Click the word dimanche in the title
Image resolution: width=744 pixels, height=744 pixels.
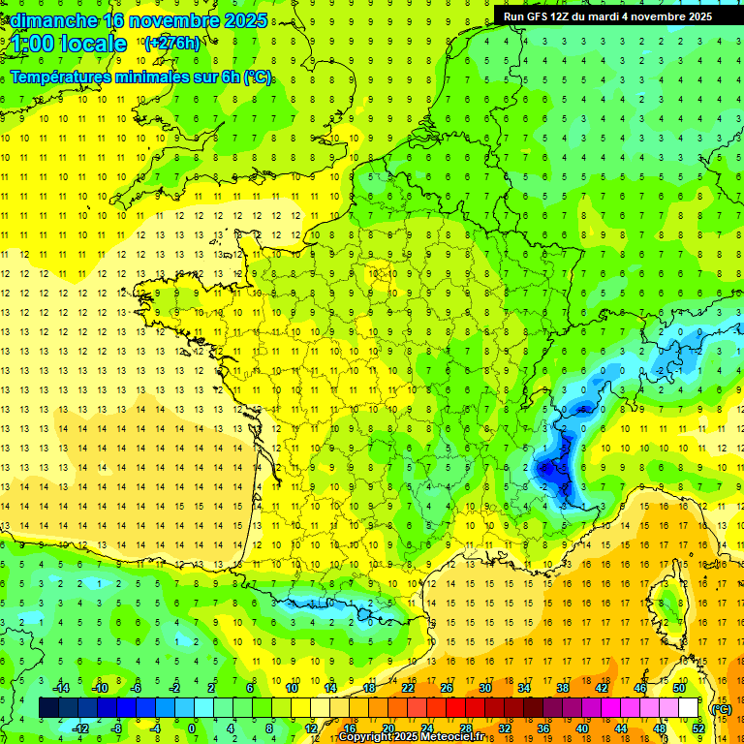click(46, 20)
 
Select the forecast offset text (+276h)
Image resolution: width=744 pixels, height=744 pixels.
click(172, 43)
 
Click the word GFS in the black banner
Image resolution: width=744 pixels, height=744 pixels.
click(540, 16)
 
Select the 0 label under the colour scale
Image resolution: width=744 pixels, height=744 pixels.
click(192, 728)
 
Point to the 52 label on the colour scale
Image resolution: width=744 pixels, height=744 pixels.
click(697, 728)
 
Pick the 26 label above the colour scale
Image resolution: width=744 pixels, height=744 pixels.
click(446, 688)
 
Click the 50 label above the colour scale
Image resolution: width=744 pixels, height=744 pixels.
click(678, 688)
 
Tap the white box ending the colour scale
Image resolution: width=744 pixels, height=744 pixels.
click(688, 708)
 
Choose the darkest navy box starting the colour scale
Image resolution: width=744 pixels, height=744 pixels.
click(48, 708)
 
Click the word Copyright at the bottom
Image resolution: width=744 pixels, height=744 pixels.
click(365, 737)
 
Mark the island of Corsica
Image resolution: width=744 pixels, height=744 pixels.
click(668, 601)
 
